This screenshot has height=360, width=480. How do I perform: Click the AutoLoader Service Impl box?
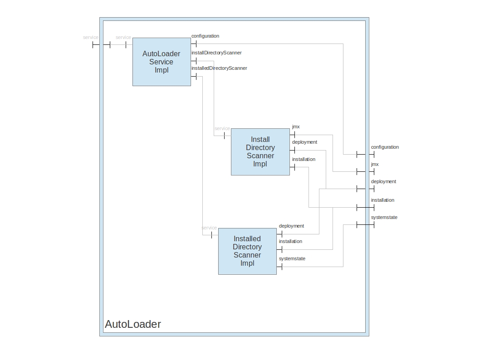point(162,62)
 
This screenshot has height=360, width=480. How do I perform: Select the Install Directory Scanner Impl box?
point(260,152)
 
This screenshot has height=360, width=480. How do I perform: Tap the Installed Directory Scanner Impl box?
point(247,251)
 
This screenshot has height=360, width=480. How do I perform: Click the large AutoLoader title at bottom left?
point(133,324)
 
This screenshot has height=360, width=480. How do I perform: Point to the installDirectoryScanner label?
point(216,53)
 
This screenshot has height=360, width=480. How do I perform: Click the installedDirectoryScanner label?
point(219,68)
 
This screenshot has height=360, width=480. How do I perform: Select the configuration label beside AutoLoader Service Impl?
point(205,36)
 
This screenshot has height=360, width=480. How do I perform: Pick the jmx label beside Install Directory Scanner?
point(296,126)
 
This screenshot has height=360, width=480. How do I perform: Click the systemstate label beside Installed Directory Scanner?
point(292,258)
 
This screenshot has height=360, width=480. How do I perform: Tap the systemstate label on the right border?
point(384,217)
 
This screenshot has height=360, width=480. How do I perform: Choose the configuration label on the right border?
point(385,147)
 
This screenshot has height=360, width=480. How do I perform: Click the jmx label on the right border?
point(375,164)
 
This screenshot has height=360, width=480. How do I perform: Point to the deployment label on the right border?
point(383,181)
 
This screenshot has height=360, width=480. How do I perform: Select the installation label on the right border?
point(382,200)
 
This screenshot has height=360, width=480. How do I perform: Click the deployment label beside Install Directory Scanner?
point(304,142)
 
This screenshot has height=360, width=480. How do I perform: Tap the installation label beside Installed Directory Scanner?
point(290,241)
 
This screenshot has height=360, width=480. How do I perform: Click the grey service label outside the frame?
point(91,37)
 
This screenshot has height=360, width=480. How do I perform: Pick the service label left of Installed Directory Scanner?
point(209,228)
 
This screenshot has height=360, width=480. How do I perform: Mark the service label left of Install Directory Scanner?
point(222,128)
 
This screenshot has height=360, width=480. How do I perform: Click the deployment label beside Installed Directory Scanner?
point(291,226)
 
